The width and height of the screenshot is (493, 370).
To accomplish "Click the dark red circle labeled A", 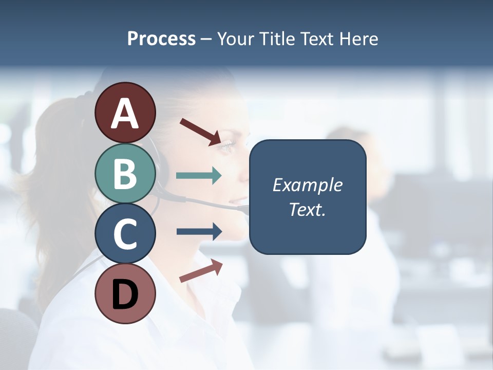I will click(125, 113).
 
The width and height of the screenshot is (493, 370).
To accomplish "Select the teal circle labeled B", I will click(125, 173).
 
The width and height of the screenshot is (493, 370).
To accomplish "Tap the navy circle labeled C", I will click(125, 234).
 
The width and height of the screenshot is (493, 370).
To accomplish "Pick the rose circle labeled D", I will click(125, 294).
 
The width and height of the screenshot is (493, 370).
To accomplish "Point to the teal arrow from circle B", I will click(199, 176).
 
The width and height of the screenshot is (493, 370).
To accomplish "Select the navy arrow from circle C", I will click(199, 231).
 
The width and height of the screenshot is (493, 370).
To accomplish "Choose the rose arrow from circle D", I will click(201, 271).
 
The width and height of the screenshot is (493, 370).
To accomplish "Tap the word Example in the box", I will click(307, 185).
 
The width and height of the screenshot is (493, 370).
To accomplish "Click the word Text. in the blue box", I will click(307, 210).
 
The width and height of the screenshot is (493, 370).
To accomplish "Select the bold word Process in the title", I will click(161, 39).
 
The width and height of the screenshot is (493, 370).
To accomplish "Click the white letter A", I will click(125, 113).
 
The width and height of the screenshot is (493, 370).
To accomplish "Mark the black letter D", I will click(125, 294).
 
